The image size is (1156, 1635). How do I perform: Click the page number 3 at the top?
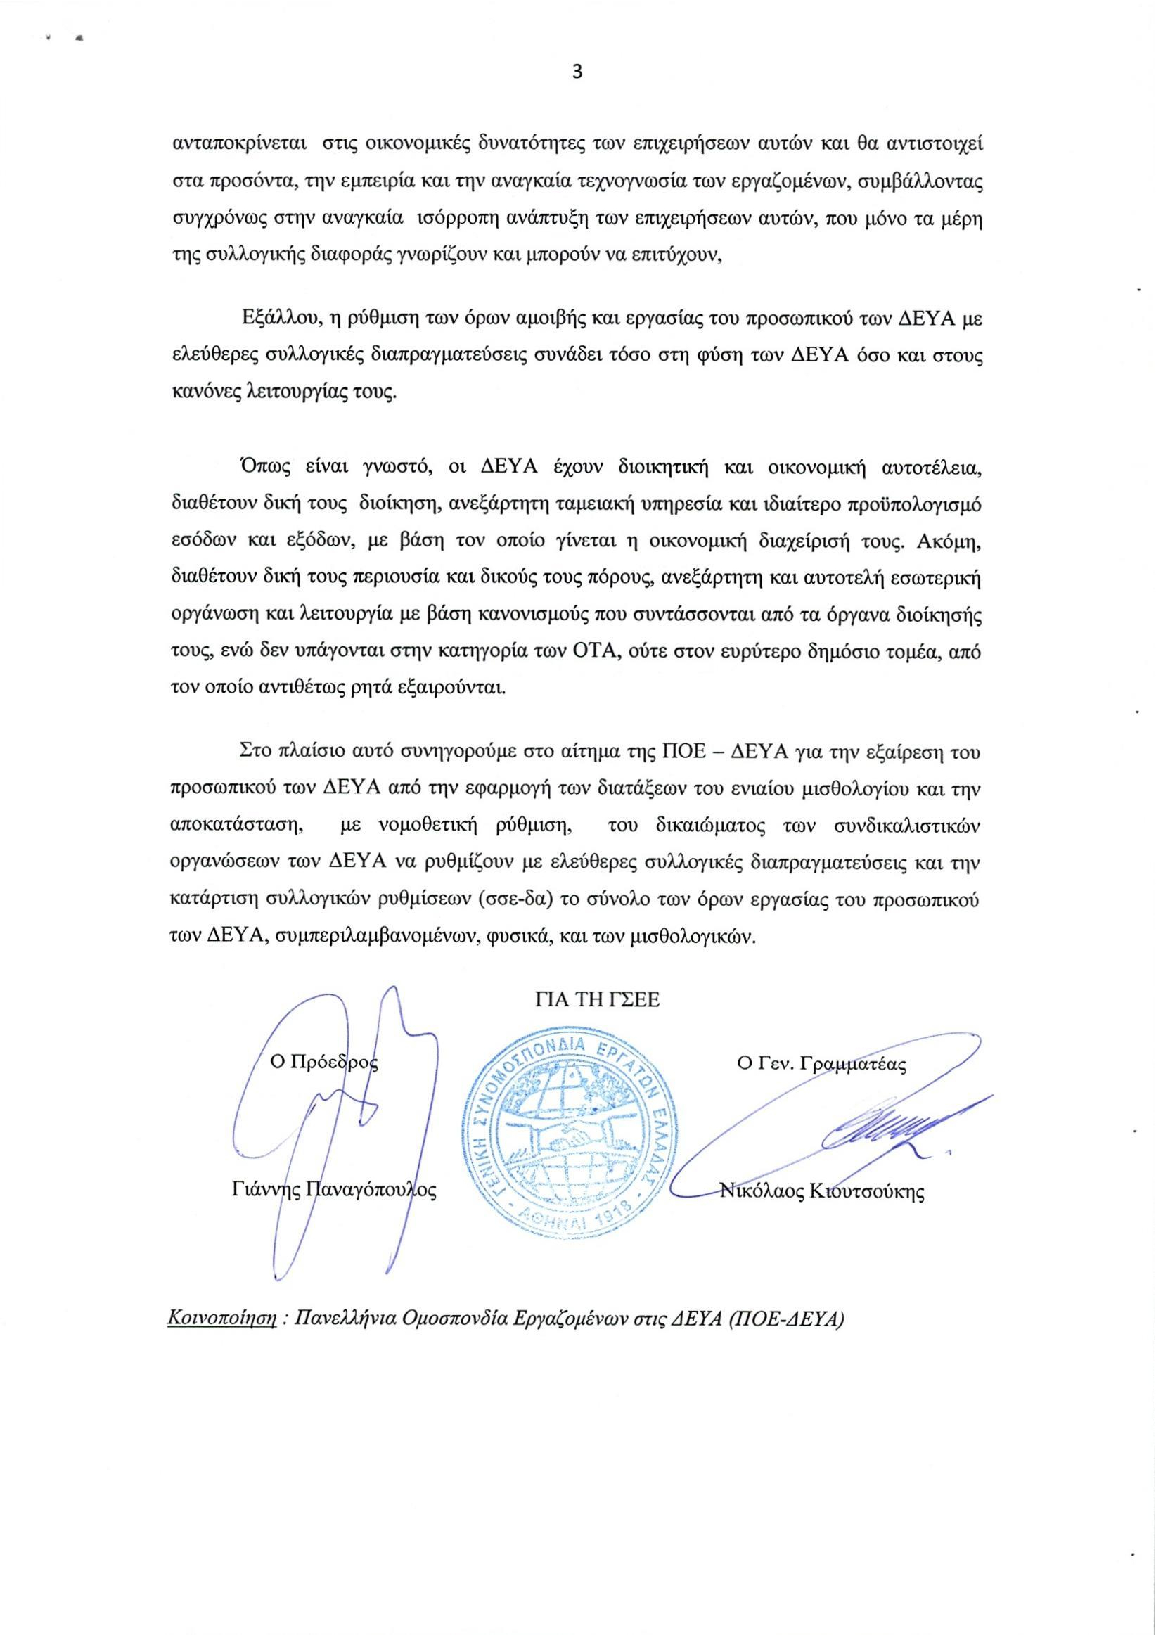[577, 72]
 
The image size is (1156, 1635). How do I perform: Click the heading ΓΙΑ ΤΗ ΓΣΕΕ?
[598, 1001]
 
